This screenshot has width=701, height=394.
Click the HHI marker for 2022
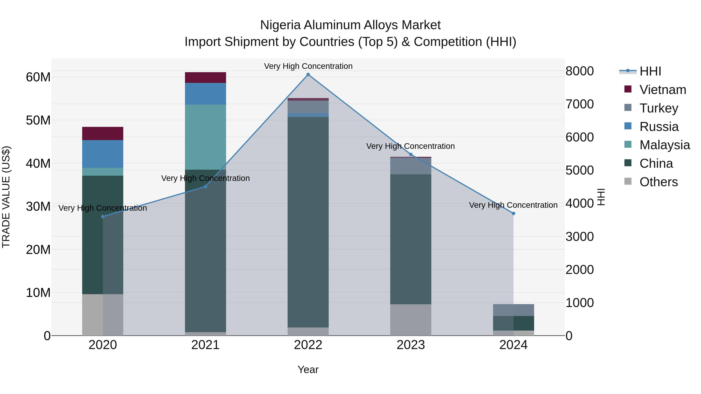pos(308,75)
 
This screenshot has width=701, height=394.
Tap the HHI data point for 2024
pos(513,213)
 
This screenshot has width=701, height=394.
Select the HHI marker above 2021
pos(205,187)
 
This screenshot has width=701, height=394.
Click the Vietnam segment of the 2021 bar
pos(205,77)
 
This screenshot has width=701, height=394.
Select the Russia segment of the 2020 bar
pos(103,154)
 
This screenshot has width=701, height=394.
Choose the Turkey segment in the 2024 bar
pos(513,310)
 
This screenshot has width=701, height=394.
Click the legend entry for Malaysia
pos(665,145)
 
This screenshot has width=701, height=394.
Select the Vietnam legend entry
pos(663,90)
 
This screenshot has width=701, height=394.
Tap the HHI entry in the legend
pos(650,71)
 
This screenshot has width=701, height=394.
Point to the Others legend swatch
pos(628,181)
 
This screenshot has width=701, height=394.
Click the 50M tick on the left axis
pos(38,120)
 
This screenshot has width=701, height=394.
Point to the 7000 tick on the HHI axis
pos(580,104)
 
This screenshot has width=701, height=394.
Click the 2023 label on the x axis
pos(411,345)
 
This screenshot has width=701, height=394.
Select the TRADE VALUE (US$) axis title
pos(6,197)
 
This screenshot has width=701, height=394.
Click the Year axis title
pos(308,369)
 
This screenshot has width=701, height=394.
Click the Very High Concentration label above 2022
pos(308,66)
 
